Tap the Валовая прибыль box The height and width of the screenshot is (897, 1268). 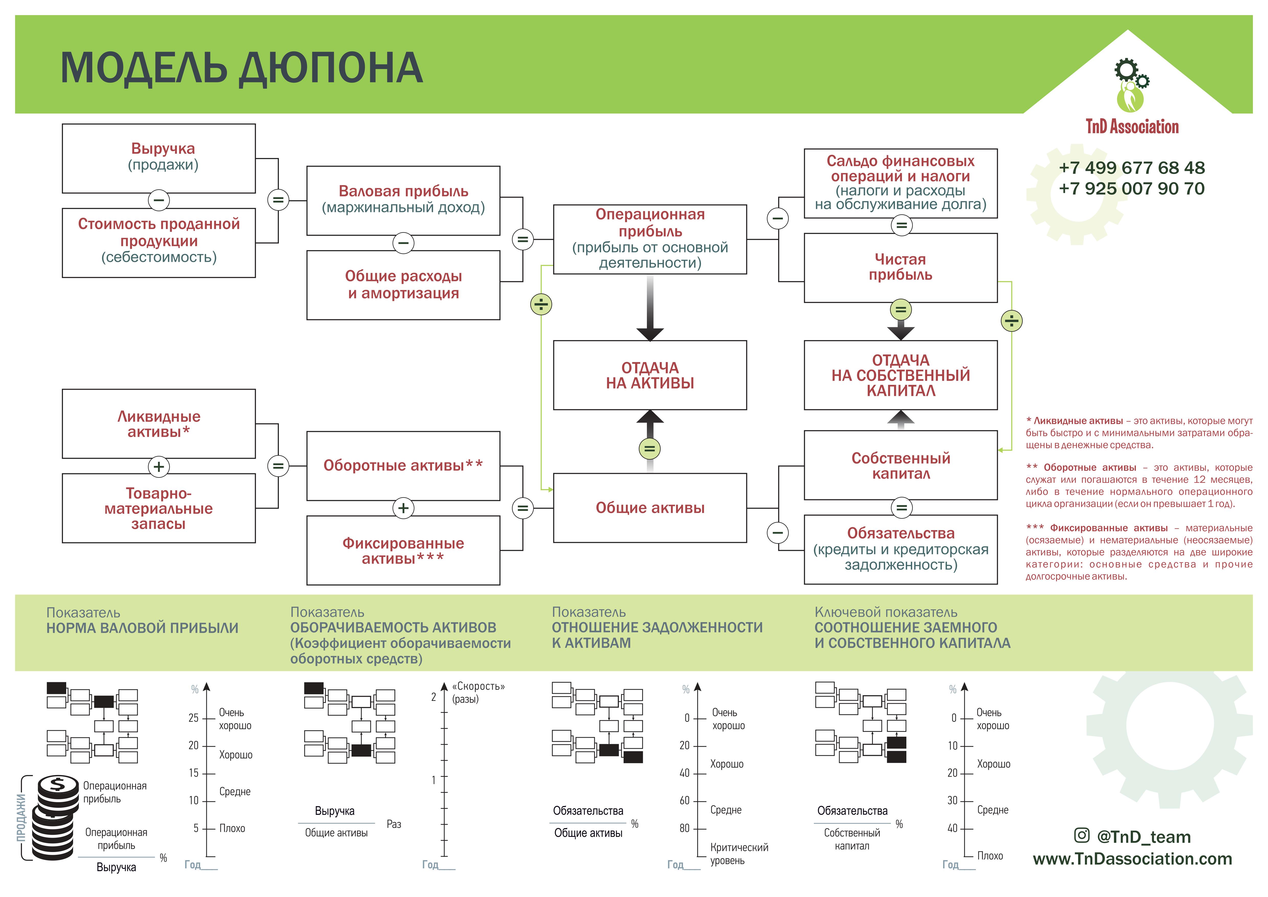click(403, 200)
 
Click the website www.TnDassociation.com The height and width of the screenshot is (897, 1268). click(1132, 859)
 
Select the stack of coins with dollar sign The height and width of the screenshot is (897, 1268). click(54, 817)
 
